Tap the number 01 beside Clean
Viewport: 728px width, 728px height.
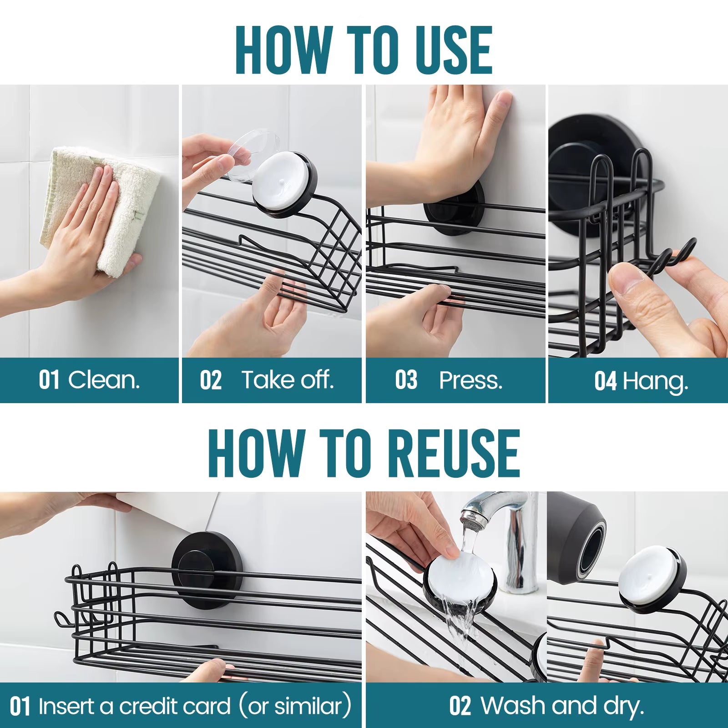49,380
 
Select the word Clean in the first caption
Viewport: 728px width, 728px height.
104,380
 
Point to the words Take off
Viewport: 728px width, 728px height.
288,380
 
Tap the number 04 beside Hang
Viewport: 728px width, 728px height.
605,381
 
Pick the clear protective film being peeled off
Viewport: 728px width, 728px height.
248,155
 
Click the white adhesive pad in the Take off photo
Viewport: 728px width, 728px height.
280,180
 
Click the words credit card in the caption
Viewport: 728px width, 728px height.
175,706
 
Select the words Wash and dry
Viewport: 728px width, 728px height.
562,706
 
